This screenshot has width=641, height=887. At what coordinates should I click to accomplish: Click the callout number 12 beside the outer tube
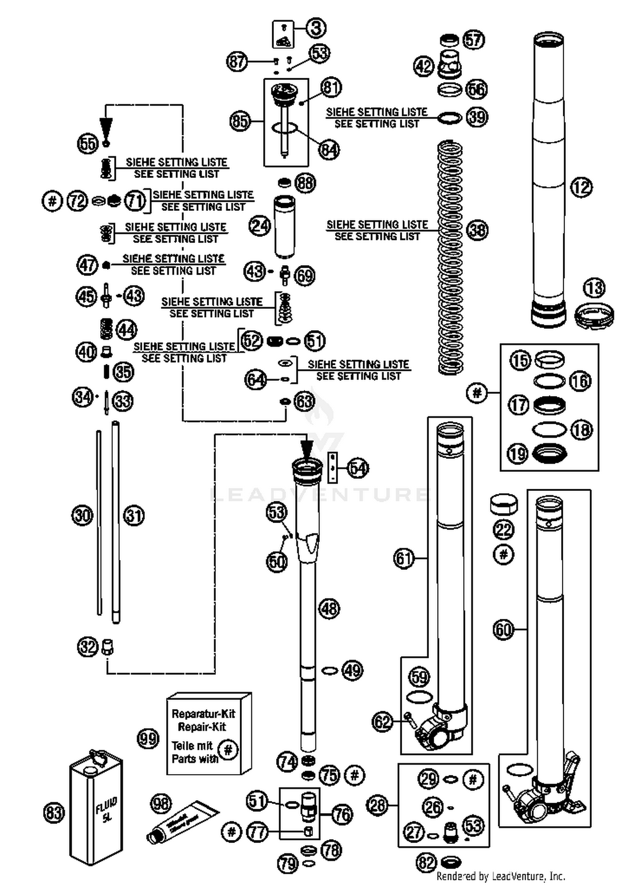(x=581, y=187)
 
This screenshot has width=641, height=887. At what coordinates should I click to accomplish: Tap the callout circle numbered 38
(x=477, y=230)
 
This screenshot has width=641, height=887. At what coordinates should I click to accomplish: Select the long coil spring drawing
(x=450, y=257)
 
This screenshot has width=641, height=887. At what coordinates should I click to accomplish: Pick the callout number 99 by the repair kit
(x=148, y=739)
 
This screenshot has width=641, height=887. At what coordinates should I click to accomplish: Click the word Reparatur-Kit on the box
(x=203, y=713)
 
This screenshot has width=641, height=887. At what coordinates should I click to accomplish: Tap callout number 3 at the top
(x=316, y=28)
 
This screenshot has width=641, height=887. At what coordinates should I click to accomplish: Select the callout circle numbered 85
(x=240, y=121)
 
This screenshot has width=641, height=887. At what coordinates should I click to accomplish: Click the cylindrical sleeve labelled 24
(x=284, y=226)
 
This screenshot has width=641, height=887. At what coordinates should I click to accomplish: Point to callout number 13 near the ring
(x=594, y=288)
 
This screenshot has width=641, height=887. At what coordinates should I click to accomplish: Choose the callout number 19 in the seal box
(x=518, y=453)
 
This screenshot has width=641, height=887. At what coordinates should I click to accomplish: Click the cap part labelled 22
(x=503, y=504)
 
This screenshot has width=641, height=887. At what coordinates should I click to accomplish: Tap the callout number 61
(x=404, y=558)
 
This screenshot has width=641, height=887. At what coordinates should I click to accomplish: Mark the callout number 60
(x=503, y=629)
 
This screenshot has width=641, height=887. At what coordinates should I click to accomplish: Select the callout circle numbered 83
(x=54, y=812)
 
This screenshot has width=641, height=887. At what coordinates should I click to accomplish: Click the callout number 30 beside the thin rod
(x=82, y=515)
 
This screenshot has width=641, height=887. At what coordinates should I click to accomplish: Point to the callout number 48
(x=329, y=608)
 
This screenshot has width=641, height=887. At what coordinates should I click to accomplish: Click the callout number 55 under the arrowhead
(x=88, y=143)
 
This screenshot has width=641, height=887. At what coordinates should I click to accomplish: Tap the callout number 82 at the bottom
(x=426, y=863)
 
